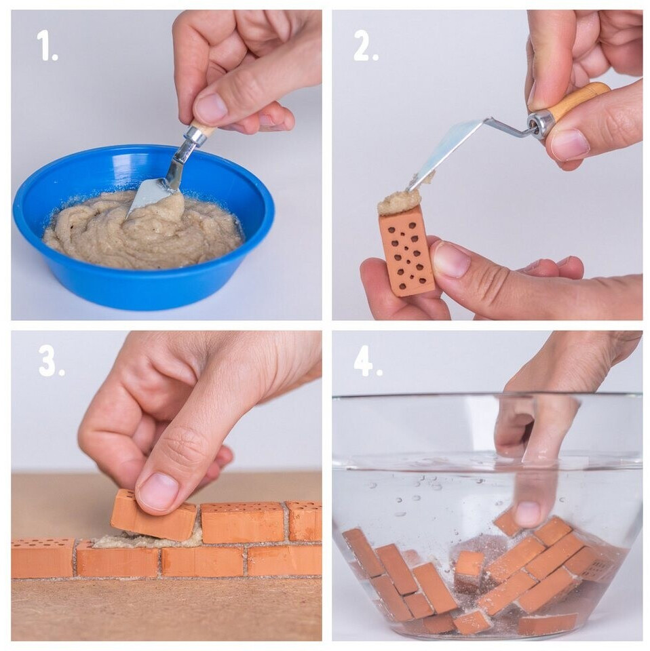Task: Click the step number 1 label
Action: (x=47, y=46)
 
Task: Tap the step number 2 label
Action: (x=366, y=46)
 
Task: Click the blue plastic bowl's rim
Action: (x=26, y=216)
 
